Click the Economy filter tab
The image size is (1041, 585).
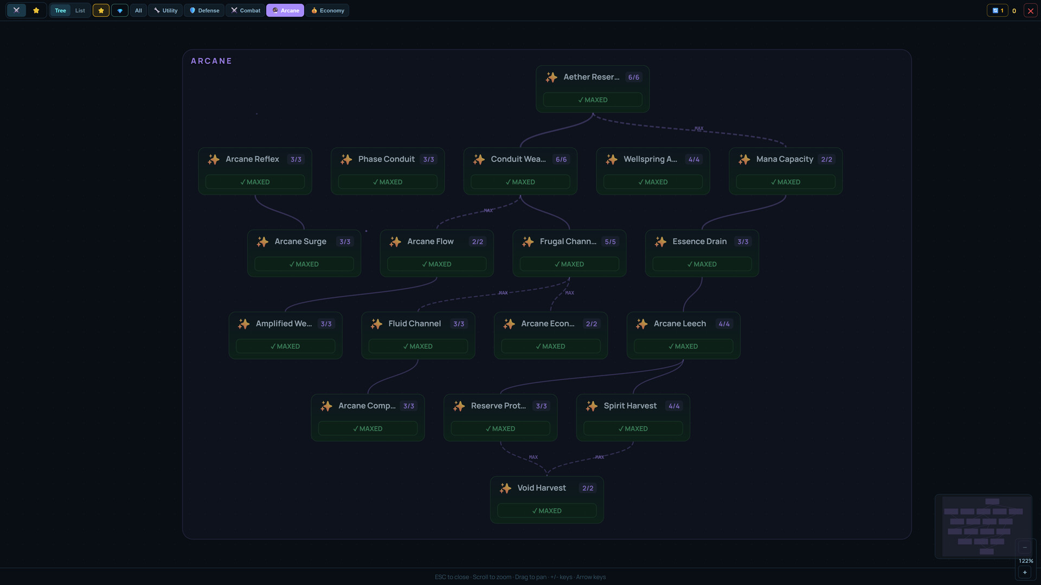[327, 10]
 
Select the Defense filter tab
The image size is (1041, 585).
[204, 10]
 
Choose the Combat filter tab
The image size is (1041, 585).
[246, 10]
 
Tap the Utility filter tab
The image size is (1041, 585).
[165, 10]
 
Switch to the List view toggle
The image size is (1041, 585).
[80, 10]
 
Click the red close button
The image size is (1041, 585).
[1031, 10]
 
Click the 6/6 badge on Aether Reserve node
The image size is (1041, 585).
[633, 77]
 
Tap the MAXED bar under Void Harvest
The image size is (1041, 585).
[547, 511]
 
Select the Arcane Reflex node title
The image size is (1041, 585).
[252, 159]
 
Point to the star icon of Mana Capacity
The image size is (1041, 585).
[744, 159]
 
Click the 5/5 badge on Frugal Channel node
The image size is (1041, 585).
[610, 242]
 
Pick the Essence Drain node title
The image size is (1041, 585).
[699, 242]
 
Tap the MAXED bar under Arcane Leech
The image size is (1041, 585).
[683, 346]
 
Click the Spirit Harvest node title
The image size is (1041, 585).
[630, 406]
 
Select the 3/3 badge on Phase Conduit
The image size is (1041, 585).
[428, 159]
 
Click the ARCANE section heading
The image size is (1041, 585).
[211, 61]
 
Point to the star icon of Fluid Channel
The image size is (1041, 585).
[376, 324]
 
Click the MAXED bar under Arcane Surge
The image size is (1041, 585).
[304, 264]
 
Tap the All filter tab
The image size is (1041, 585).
[138, 10]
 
